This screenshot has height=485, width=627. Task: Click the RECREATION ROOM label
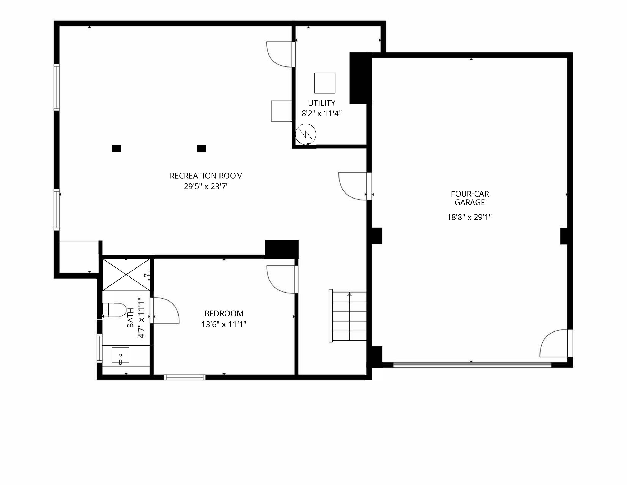[206, 176]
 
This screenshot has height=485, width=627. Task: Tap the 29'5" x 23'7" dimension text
[206, 187]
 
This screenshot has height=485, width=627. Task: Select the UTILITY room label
[322, 103]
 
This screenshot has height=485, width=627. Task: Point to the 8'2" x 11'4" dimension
[322, 114]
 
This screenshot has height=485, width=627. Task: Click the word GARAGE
[470, 203]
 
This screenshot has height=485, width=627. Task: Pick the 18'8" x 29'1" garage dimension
[469, 217]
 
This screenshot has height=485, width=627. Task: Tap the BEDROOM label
[224, 313]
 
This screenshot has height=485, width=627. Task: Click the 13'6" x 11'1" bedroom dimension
[224, 324]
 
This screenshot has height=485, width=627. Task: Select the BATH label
[131, 318]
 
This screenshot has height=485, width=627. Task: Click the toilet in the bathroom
[115, 310]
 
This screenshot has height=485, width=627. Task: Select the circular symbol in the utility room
[306, 134]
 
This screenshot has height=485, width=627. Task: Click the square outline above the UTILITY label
[325, 83]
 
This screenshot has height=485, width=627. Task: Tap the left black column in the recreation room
[116, 149]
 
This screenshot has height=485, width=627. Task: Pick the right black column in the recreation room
[201, 149]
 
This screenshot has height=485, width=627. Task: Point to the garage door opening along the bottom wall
[472, 365]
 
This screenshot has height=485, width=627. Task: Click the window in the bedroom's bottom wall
[185, 377]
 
